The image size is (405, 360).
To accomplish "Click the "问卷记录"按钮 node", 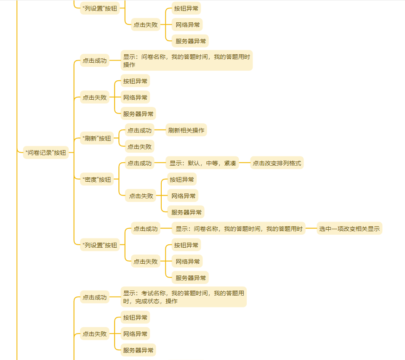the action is [46, 153].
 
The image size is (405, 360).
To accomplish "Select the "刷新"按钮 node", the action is [97, 138].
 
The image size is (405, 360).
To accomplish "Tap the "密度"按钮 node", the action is [97, 180].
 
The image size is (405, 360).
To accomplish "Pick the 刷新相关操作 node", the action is [186, 130].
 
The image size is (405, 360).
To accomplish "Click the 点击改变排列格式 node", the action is [277, 163].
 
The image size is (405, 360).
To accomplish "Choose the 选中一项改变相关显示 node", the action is [349, 229].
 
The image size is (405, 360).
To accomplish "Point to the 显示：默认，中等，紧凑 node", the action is [203, 163].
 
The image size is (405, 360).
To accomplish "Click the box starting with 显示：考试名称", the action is [184, 297].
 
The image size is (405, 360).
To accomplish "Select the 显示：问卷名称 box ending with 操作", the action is [187, 61].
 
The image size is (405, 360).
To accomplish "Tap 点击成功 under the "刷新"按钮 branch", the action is [139, 130].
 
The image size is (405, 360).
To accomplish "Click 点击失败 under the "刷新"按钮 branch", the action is [139, 146].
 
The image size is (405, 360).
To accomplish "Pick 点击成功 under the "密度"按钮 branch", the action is [139, 163].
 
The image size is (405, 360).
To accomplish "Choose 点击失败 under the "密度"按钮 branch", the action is [141, 196].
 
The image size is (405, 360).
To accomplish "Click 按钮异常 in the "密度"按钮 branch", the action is [182, 180].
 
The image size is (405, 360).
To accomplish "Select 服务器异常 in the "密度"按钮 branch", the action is [186, 212].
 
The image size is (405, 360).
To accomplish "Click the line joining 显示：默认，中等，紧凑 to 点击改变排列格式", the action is [245, 163].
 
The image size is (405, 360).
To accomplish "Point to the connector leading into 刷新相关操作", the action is [160, 130].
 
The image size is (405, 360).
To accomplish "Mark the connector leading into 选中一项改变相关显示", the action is [311, 229].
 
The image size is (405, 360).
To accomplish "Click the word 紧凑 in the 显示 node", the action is [230, 163].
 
